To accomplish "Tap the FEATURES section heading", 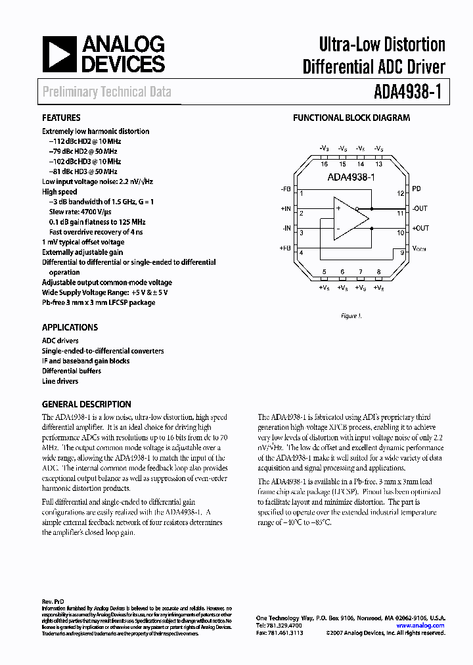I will (x=62, y=118).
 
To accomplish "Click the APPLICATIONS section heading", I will (x=70, y=327).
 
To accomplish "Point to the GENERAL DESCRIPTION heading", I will (x=87, y=404).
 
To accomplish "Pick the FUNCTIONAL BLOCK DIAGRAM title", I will (x=351, y=118).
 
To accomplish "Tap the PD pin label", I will (x=417, y=189).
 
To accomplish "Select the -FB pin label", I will (x=285, y=189).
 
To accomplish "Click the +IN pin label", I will (x=285, y=209).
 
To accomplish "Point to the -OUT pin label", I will (x=420, y=209).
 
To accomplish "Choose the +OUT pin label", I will (x=420, y=228).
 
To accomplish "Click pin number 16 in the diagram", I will (x=325, y=164).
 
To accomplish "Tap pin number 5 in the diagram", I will (x=324, y=271).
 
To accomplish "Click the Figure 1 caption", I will (x=351, y=316).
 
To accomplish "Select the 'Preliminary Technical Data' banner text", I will (x=107, y=92).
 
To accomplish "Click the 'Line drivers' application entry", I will (x=60, y=381).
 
